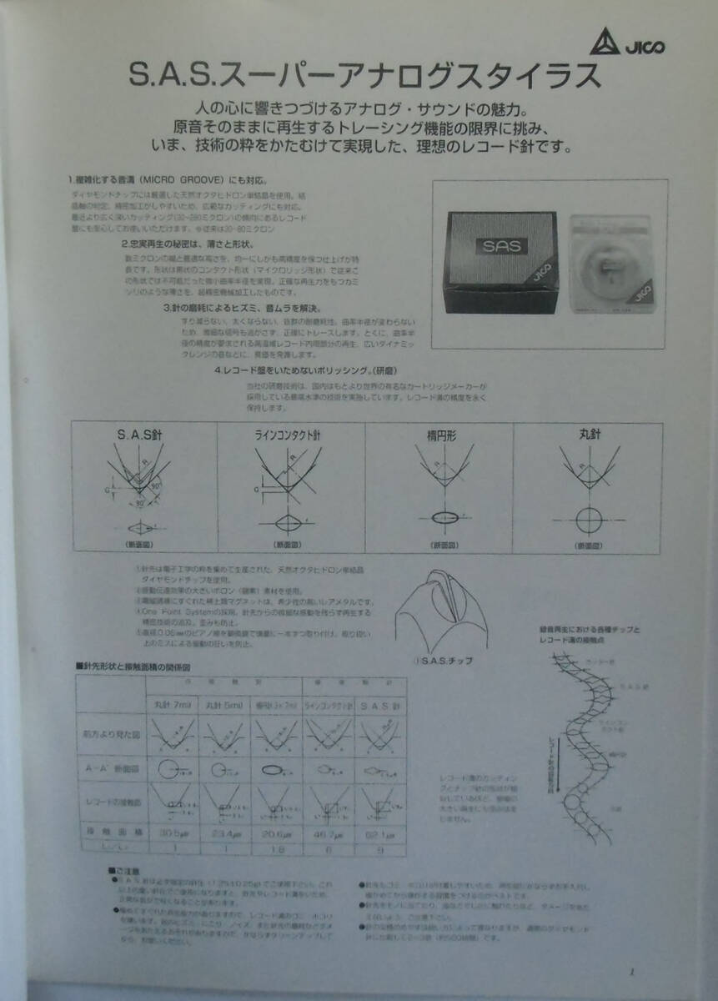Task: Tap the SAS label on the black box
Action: click(499, 247)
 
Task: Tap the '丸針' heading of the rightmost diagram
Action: click(589, 435)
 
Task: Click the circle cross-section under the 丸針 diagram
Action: click(589, 519)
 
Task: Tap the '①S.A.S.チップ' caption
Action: click(442, 661)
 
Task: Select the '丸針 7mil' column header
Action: click(173, 705)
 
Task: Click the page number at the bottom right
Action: click(631, 971)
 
